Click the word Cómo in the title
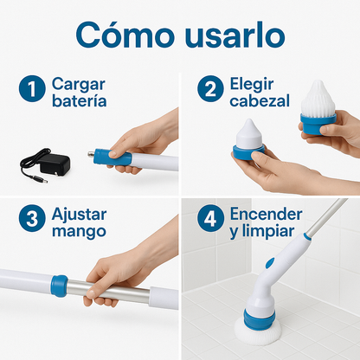coord(125,35)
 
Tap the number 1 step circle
coord(32,88)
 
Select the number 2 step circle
coord(210,88)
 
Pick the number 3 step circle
coord(32,218)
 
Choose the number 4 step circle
coord(210,218)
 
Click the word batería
coord(80,100)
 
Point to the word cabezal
coord(260,100)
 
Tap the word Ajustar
coord(80,215)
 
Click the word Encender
coord(266,215)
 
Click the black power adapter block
coord(55,164)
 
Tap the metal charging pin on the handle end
coord(92,155)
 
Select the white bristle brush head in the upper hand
coord(318,98)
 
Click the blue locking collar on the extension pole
coord(60,286)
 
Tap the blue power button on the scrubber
coord(270,263)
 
